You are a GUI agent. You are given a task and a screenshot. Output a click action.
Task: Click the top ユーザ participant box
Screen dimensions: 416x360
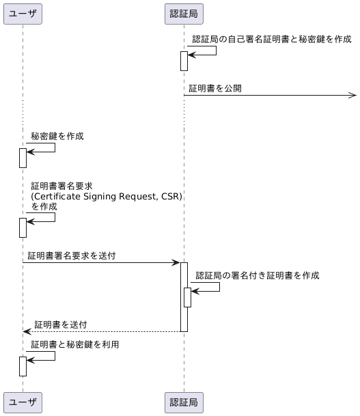pyautogui.click(x=23, y=13)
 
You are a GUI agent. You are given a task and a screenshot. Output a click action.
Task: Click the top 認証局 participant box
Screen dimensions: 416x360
pyautogui.click(x=184, y=13)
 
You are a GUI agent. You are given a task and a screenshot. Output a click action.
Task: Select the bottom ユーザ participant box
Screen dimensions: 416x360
pyautogui.click(x=23, y=403)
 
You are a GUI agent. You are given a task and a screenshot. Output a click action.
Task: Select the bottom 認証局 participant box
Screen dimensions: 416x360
pyautogui.click(x=184, y=403)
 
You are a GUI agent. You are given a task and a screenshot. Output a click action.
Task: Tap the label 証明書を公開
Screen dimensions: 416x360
pyautogui.click(x=214, y=89)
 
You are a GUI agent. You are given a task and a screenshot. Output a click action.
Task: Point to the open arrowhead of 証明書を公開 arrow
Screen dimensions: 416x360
pyautogui.click(x=351, y=96)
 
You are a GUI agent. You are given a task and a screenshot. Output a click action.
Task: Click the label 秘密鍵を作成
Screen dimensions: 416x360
pyautogui.click(x=57, y=137)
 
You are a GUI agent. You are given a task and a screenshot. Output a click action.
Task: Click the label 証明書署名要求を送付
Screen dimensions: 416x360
pyautogui.click(x=72, y=256)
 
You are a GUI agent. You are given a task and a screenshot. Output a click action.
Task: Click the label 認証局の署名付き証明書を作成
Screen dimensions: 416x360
pyautogui.click(x=267, y=275)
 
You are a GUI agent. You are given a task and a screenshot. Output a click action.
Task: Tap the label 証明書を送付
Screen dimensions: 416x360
pyautogui.click(x=60, y=324)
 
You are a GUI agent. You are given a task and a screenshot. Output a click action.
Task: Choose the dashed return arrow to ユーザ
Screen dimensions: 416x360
pyautogui.click(x=102, y=331)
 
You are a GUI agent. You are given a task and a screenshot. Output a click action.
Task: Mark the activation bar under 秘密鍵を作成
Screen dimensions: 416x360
pyautogui.click(x=23, y=158)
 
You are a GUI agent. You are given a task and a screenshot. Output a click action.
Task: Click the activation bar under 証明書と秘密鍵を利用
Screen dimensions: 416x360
pyautogui.click(x=23, y=366)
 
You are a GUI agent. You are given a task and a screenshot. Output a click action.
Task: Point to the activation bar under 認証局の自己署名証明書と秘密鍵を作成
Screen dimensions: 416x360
pyautogui.click(x=184, y=61)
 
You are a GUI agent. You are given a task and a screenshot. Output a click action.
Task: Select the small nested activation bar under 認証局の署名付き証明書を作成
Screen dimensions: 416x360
pyautogui.click(x=187, y=297)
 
